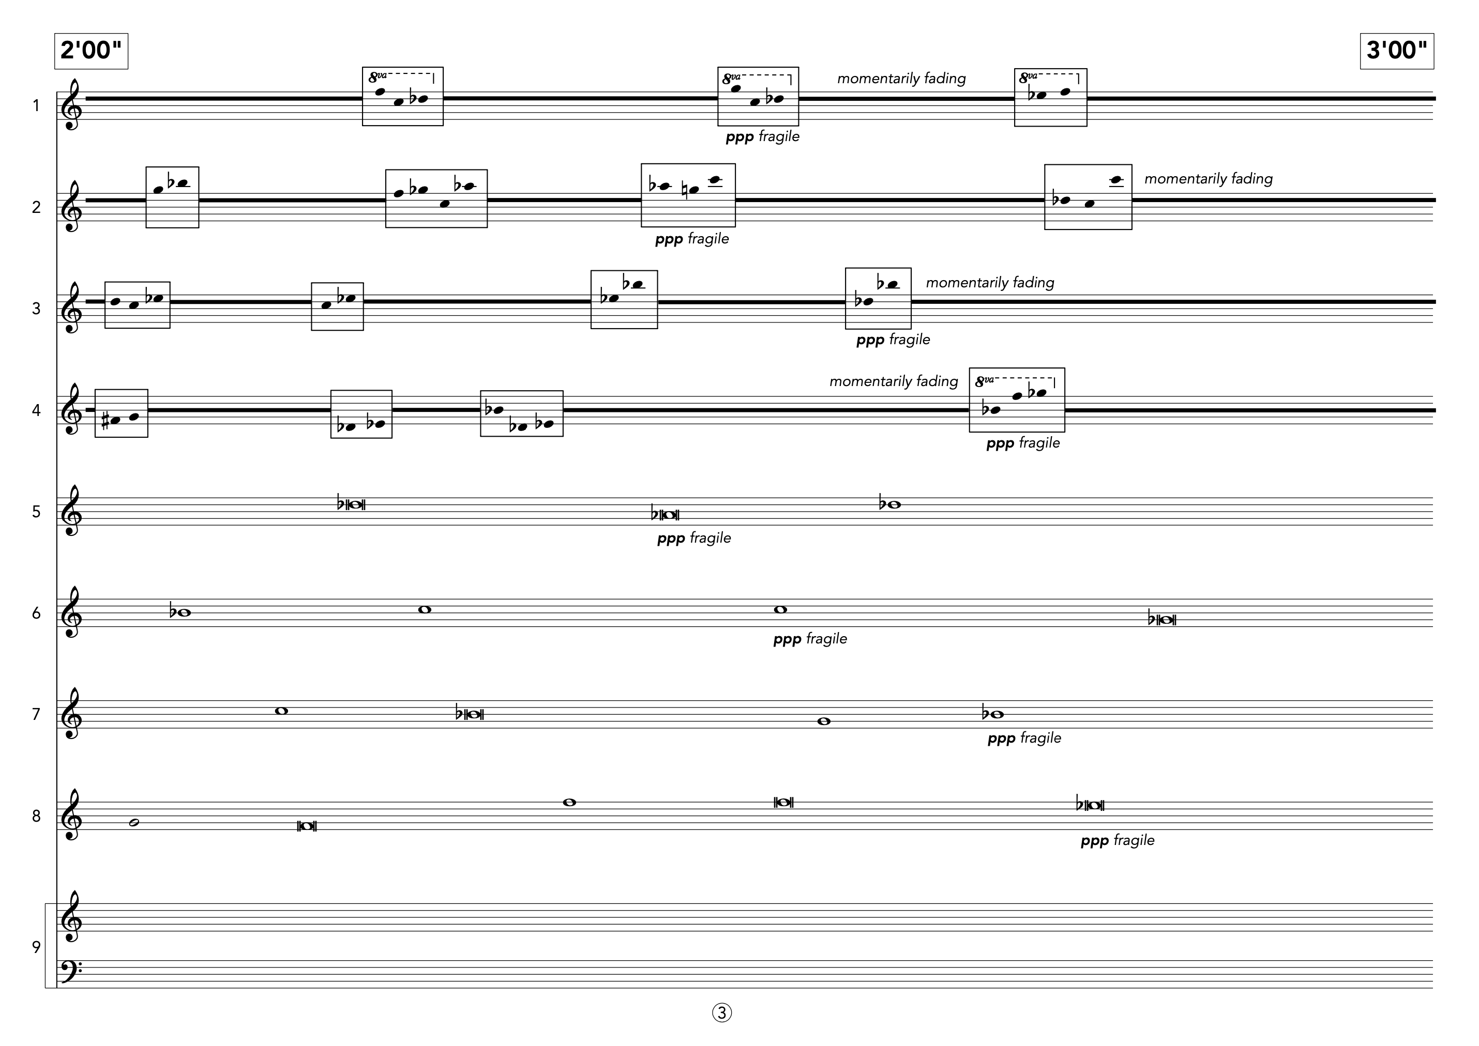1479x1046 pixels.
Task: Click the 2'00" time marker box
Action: point(91,51)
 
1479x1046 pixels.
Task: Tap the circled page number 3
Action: point(722,1013)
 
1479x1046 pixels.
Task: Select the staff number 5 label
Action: point(36,512)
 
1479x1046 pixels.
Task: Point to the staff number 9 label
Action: point(36,947)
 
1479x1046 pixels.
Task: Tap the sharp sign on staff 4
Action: point(105,422)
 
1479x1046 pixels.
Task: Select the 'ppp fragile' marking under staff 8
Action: point(1117,840)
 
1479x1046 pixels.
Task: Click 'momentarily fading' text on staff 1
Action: point(901,79)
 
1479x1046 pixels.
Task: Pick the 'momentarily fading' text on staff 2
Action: point(1209,179)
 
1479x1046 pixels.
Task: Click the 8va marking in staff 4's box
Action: point(984,381)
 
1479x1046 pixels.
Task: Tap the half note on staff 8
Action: point(134,823)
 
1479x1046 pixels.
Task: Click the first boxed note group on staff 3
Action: point(137,305)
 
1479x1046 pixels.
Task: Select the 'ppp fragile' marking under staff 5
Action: point(693,539)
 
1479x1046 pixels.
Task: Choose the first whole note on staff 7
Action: point(281,711)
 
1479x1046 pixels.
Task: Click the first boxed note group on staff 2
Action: point(172,197)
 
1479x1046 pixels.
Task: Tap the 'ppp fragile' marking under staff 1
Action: point(762,137)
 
